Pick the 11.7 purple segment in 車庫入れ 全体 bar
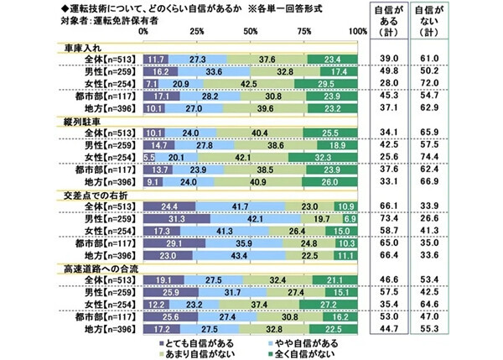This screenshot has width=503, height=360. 155,60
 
